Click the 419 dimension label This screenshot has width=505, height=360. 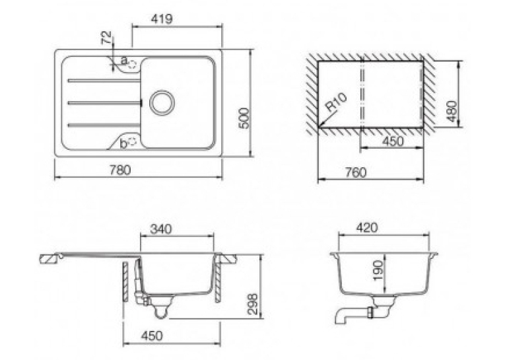point(162,18)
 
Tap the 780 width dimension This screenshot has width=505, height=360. point(120,170)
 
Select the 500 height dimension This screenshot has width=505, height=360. point(245,118)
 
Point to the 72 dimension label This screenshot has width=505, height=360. point(106,38)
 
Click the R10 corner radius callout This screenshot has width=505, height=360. point(336,102)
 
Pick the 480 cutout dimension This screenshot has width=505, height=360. point(452,112)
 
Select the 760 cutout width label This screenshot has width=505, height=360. point(356,172)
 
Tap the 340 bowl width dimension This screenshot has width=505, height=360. point(161,229)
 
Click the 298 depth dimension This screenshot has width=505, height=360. point(252,304)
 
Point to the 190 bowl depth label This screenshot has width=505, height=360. point(379,270)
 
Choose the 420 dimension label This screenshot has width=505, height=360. point(367,228)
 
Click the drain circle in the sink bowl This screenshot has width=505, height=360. point(162,103)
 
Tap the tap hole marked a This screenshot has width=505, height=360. point(133,64)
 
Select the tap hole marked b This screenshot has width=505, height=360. point(133,141)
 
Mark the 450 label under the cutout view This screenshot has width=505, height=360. point(392,141)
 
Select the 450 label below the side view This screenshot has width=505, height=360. point(152,336)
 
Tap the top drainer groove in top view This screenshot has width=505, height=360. point(104,81)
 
